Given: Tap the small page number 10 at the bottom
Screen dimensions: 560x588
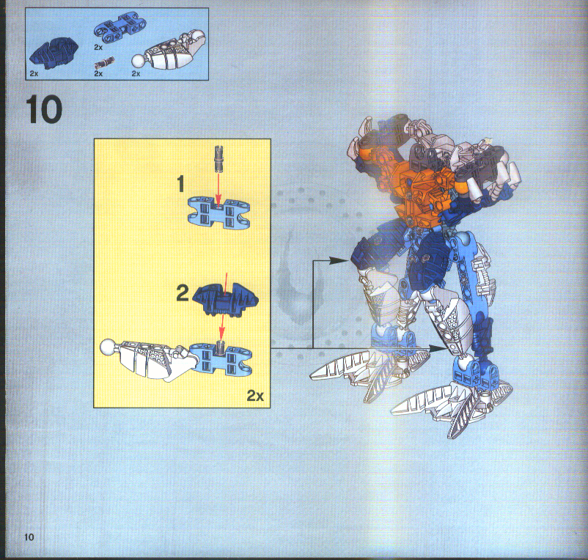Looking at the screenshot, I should click(x=29, y=536).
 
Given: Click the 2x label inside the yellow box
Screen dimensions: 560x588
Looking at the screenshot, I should click(x=254, y=396).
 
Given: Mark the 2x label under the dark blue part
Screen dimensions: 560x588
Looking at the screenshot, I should click(x=34, y=75).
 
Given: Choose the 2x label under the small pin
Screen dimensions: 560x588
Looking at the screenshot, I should click(x=98, y=75).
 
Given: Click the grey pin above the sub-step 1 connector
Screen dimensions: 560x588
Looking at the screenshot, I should click(x=218, y=157).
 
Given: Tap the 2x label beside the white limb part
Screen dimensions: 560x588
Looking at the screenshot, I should click(x=136, y=74).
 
